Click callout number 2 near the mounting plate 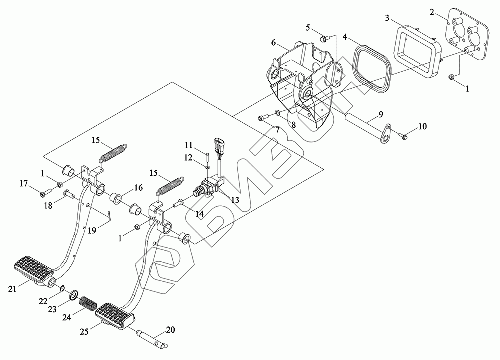coord(432,12)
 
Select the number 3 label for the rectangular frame coord(387,18)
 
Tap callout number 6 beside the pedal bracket coord(274,43)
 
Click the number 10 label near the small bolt coord(422,126)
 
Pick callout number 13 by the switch coord(235,200)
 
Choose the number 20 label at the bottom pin coord(170,329)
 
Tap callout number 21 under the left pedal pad coord(12,289)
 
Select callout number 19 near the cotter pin coord(92,230)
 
